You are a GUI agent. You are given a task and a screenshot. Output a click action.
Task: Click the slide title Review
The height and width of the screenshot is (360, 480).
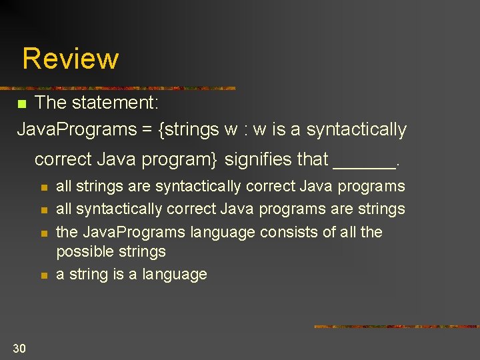pos(70,59)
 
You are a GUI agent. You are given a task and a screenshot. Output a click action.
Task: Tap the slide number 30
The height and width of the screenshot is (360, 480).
pos(19,347)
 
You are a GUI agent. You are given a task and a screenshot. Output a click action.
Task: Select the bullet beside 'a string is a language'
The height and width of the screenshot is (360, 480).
pos(43,275)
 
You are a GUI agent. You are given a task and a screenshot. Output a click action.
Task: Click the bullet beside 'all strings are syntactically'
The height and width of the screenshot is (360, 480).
pos(43,187)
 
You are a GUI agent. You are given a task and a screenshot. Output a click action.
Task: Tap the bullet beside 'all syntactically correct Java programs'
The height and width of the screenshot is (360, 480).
pos(43,210)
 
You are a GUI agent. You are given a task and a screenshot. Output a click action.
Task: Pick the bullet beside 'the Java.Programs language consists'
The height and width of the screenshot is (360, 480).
pos(43,233)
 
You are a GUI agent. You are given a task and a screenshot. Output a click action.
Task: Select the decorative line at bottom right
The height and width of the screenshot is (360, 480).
pos(397,327)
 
